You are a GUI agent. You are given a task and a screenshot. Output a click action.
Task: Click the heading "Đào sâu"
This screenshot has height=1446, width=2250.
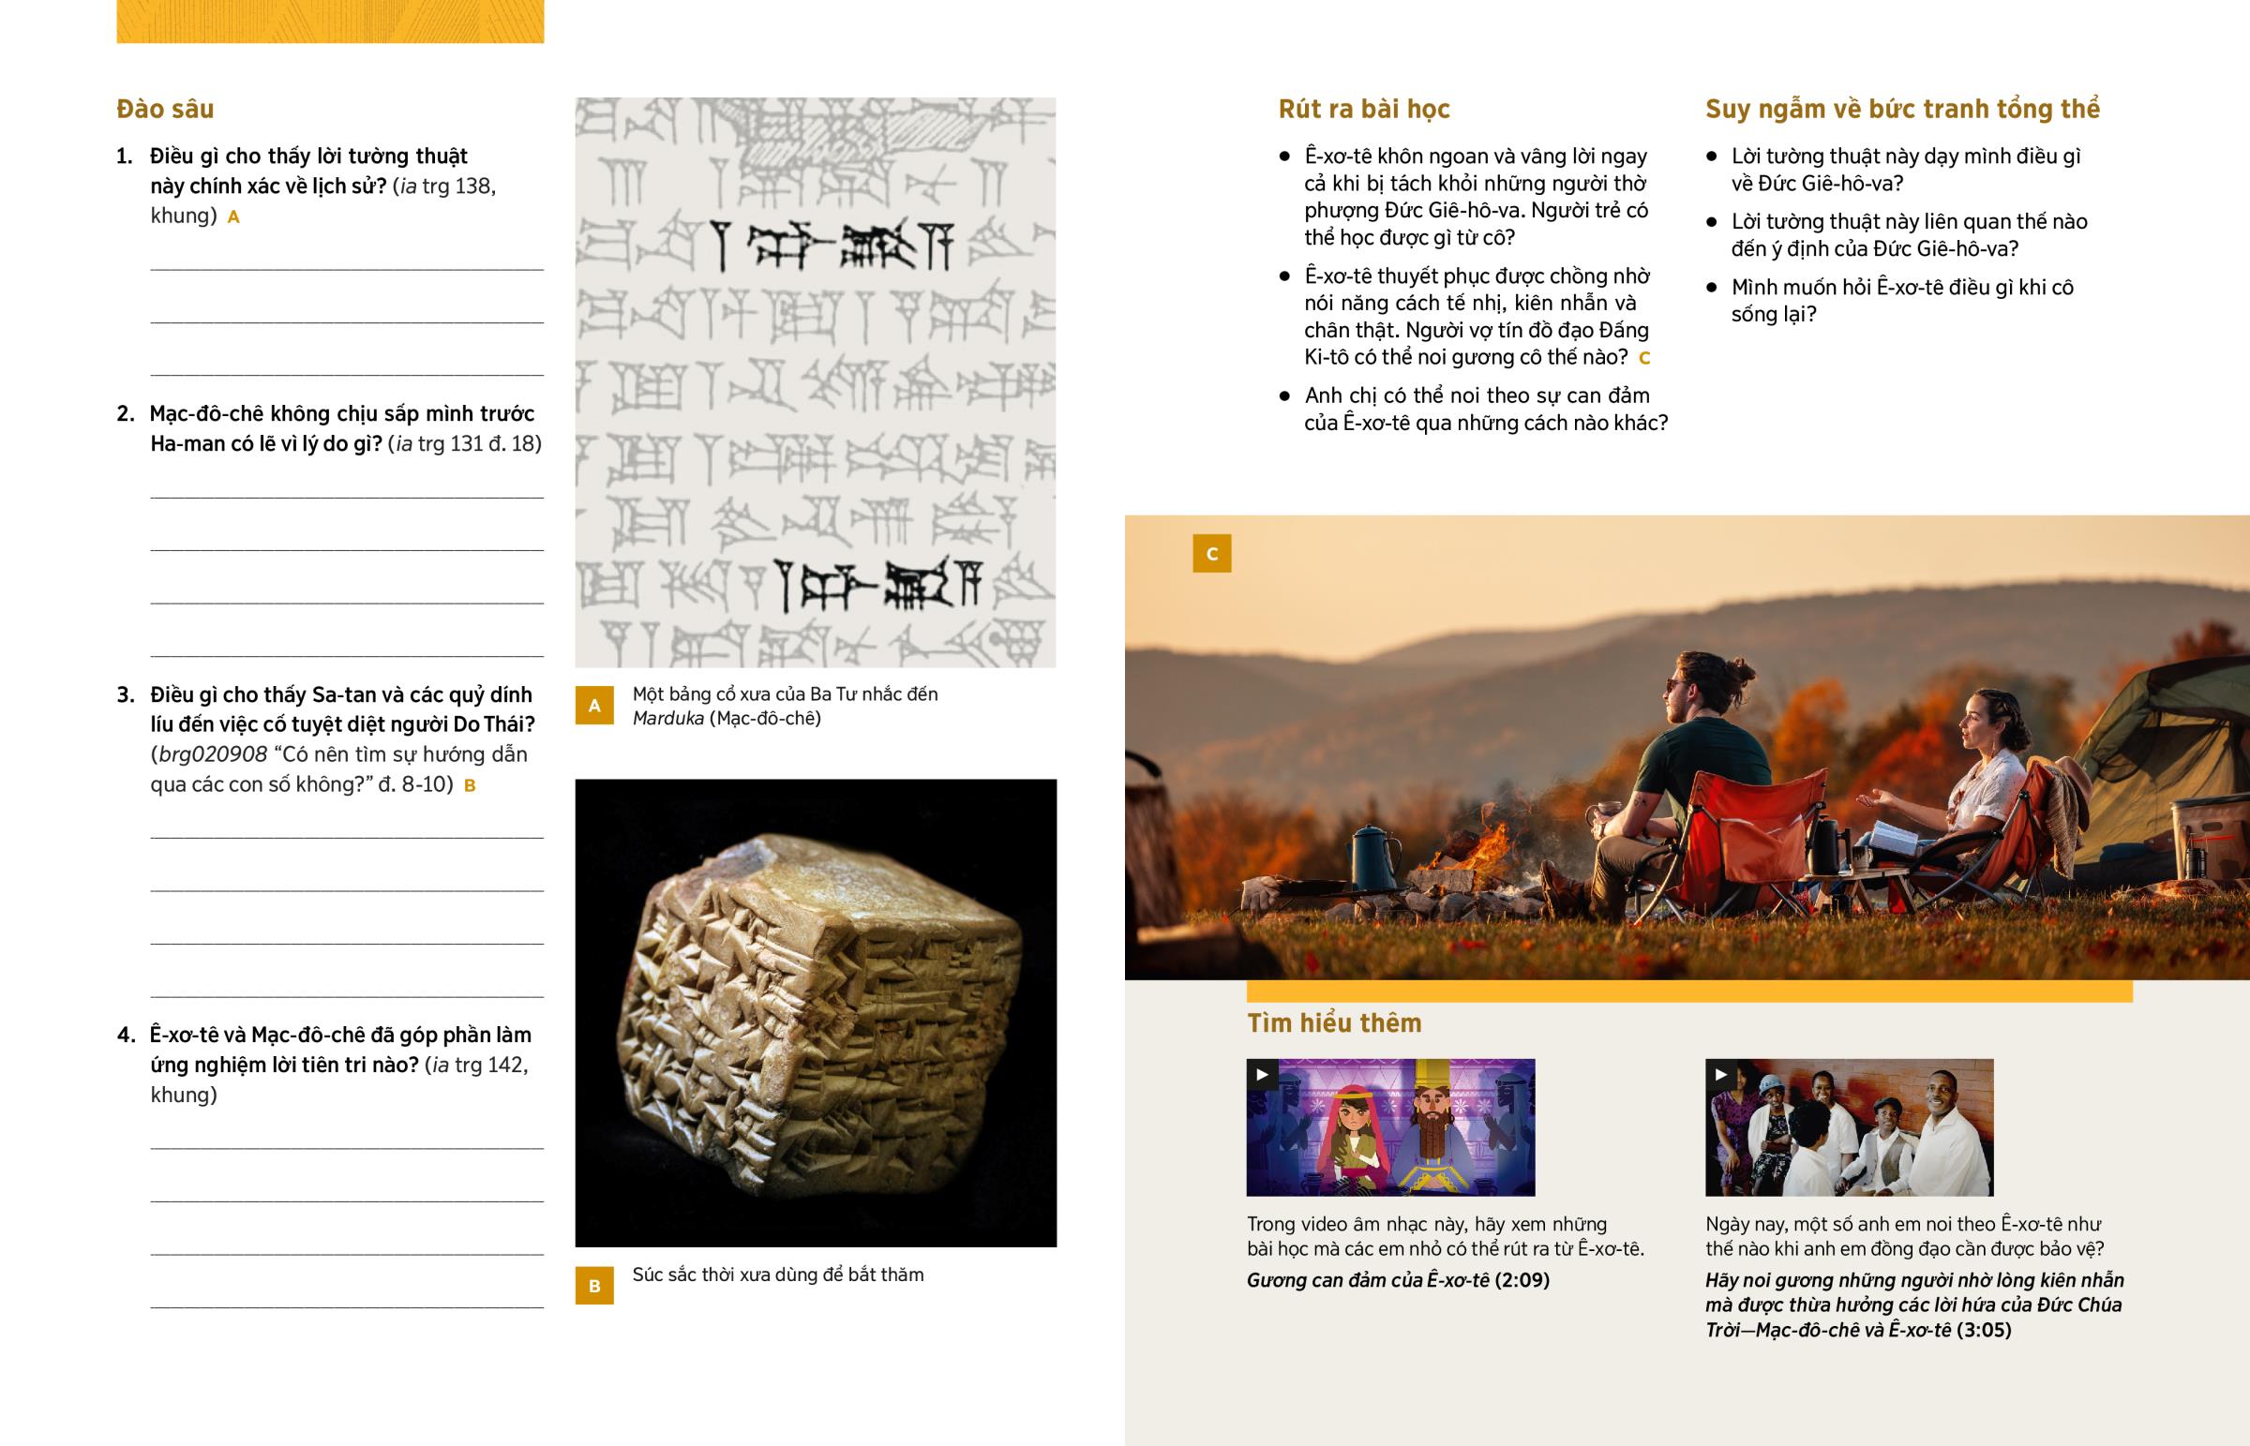165,109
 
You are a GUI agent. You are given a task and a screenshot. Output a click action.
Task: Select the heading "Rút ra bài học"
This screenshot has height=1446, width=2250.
1363,109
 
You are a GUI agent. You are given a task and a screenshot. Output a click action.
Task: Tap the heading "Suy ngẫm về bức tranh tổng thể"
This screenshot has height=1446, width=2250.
1902,109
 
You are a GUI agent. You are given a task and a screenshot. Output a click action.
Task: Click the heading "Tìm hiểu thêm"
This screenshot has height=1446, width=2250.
1334,1022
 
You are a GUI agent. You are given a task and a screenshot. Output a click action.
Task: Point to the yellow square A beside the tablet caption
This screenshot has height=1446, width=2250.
594,705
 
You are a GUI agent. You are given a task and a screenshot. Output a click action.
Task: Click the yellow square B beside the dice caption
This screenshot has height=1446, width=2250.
594,1286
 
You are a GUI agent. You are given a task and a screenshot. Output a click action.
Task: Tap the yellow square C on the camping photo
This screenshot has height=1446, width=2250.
1211,553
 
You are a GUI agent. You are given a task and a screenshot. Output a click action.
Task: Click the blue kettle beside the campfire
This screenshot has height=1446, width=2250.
1372,857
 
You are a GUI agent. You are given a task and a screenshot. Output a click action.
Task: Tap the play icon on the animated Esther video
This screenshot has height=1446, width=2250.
1262,1075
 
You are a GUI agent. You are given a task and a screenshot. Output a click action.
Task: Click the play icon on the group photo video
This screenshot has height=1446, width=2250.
1720,1075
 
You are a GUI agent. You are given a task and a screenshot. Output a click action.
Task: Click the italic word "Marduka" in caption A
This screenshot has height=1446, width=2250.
667,718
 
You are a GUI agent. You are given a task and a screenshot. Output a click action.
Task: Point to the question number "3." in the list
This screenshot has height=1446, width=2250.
126,694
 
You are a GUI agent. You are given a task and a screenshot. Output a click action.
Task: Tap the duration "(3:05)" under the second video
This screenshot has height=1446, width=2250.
1985,1330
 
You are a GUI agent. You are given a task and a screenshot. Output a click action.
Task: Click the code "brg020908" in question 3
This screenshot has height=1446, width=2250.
213,755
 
